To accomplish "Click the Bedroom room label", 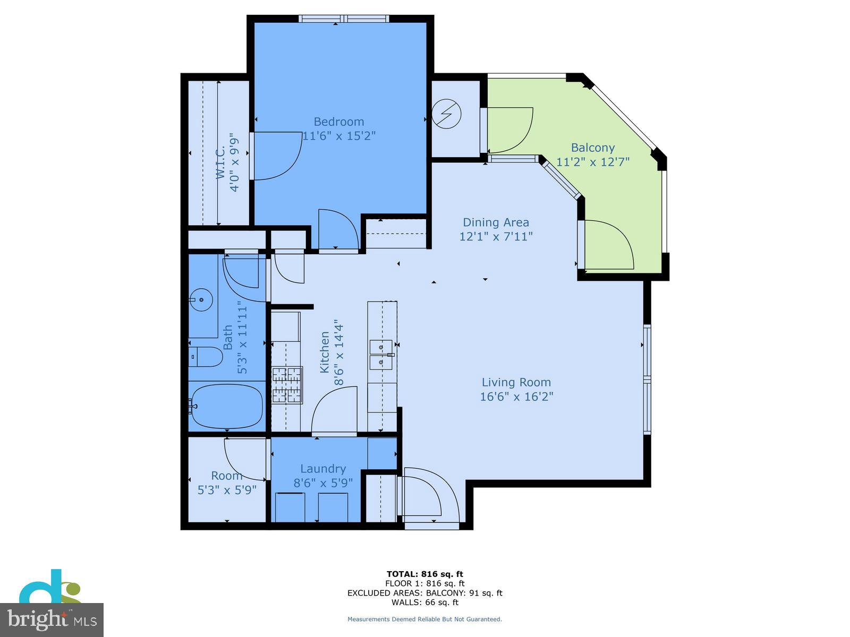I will click(x=339, y=122).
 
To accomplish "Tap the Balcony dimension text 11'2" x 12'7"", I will click(x=592, y=161).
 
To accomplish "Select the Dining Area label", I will click(x=496, y=222).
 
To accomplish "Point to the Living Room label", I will click(x=516, y=382).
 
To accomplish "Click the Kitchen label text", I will click(x=325, y=352).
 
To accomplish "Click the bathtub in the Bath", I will click(x=227, y=406).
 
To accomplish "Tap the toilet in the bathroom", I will click(x=206, y=357).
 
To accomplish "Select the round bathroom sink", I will click(x=201, y=300).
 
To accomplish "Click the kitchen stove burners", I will click(x=287, y=385).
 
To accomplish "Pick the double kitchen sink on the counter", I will click(x=381, y=355).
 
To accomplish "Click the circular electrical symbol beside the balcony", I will click(x=446, y=114).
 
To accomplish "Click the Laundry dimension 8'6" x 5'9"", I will click(x=323, y=483).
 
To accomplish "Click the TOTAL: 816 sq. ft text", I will click(x=424, y=574).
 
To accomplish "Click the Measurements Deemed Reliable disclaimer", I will click(x=424, y=619).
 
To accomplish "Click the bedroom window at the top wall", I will click(x=344, y=19).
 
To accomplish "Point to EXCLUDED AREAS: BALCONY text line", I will click(x=424, y=593).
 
